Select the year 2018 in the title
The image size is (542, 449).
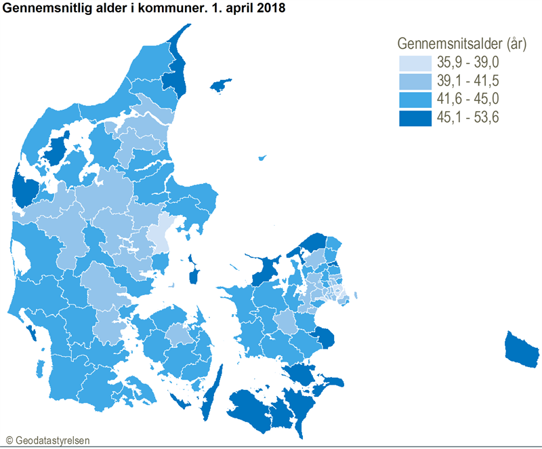(x=270, y=9)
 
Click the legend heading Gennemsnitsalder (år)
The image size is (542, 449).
(x=461, y=44)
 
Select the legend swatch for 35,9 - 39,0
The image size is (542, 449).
(x=415, y=63)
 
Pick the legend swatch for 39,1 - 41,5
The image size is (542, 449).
(x=415, y=81)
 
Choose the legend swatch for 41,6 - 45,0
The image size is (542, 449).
(x=415, y=100)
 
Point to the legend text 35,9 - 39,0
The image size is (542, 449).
(x=468, y=63)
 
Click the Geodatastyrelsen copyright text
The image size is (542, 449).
(x=47, y=440)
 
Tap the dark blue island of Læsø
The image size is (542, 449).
(x=221, y=86)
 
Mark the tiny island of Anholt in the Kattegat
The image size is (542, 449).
(x=262, y=159)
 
